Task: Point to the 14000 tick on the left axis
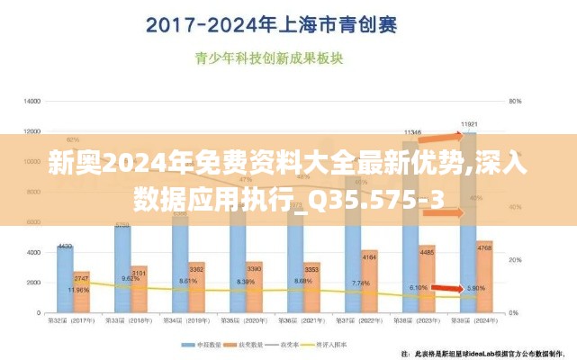[32, 100]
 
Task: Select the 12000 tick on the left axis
[32, 130]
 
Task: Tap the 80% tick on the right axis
[515, 100]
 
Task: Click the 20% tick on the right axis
[515, 259]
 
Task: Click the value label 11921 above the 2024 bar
[468, 124]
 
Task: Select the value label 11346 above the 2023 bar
[413, 131]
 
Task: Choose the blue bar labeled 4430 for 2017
[65, 279]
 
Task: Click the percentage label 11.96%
[79, 290]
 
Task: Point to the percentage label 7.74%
[360, 283]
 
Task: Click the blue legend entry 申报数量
[197, 344]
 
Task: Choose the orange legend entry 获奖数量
[249, 344]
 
